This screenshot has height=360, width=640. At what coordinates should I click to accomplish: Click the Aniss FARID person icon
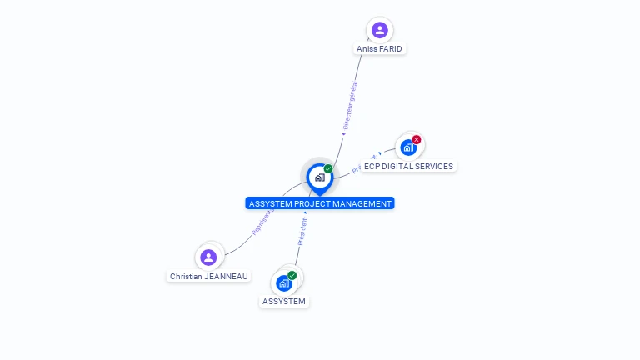tap(380, 30)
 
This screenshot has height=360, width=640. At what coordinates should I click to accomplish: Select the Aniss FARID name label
tap(379, 49)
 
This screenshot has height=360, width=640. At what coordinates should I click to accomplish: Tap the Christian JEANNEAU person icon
tap(208, 257)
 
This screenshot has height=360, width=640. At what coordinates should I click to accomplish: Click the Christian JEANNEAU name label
tap(209, 276)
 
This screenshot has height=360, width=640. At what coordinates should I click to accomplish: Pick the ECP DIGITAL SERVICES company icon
tap(407, 147)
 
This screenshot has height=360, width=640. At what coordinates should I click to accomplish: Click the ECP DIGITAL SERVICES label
tap(408, 166)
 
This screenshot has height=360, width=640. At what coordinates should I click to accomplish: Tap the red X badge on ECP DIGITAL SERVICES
tap(417, 139)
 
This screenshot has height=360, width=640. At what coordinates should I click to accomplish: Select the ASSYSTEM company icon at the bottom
tap(284, 282)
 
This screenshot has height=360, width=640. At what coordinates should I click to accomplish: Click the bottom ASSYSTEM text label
tap(284, 301)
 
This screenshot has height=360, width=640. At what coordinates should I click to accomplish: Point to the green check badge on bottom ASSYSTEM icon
tap(292, 275)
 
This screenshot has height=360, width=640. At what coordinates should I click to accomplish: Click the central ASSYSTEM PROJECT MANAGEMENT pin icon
tap(319, 177)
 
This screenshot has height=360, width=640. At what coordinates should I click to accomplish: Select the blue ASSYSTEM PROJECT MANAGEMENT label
tap(320, 203)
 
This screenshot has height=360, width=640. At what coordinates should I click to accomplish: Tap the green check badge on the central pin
tap(328, 169)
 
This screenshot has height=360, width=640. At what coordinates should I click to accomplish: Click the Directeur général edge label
tap(350, 106)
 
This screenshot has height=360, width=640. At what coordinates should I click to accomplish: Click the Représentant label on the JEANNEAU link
tap(262, 221)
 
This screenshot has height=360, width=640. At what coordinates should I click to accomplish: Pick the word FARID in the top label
tap(390, 49)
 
